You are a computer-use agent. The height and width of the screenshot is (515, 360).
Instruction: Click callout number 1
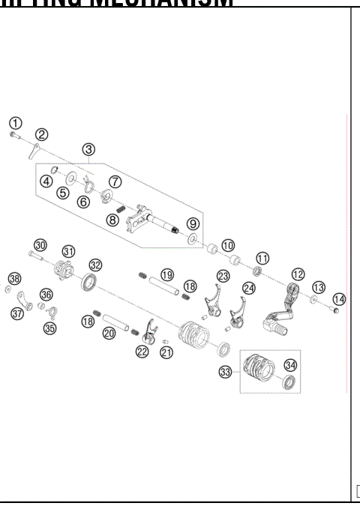[x=16, y=122]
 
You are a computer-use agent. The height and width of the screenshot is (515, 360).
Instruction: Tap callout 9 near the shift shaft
[x=193, y=223]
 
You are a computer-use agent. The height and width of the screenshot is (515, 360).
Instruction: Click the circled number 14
[x=339, y=299]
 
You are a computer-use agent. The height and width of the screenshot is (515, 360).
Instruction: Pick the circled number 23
[x=223, y=276]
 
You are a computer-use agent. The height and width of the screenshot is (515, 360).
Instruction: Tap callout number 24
[x=249, y=287]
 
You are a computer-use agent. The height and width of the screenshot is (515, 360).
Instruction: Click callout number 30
[x=40, y=244]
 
